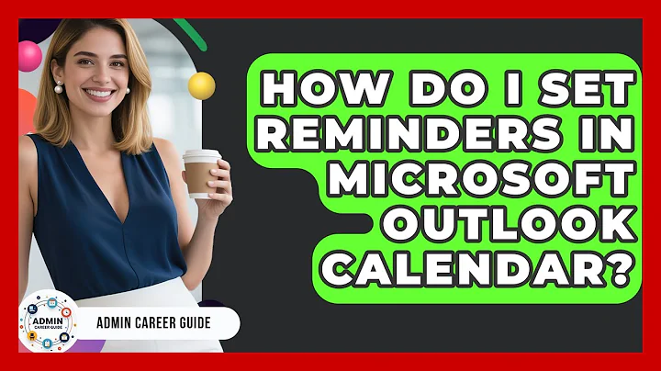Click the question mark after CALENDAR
[x=621, y=267]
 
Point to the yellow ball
[x=201, y=85]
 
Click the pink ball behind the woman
[x=30, y=56]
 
